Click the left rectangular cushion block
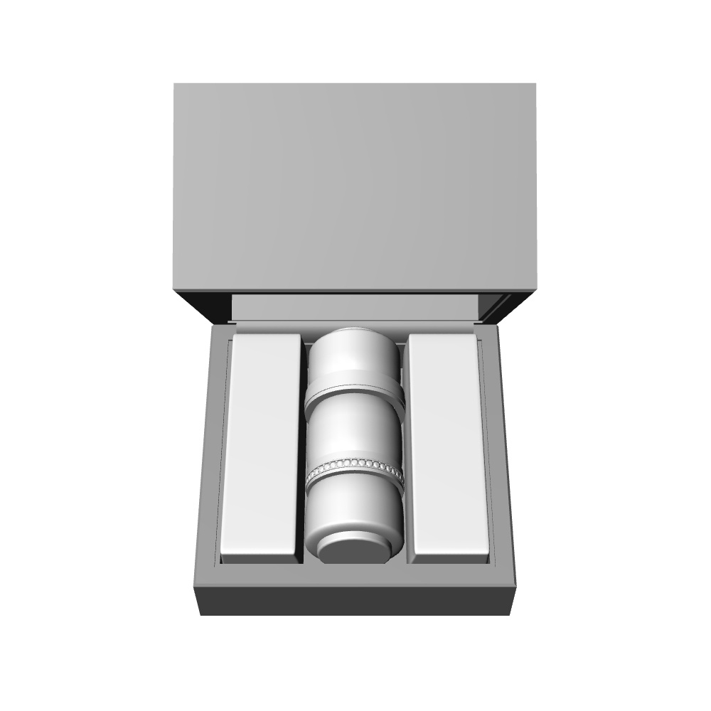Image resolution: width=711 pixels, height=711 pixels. pos(260,441)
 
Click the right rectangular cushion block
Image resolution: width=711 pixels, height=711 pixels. pos(449,441)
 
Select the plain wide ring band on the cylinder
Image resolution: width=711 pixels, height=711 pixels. pos(355,392)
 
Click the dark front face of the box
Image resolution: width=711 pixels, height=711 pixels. pos(355,602)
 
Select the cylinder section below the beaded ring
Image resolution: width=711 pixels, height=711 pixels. pos(355,508)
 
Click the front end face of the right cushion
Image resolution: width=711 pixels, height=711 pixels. pos(450,559)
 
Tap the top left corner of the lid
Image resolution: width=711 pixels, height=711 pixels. pos(176,85)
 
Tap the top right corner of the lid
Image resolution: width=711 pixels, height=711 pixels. pos(534,85)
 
